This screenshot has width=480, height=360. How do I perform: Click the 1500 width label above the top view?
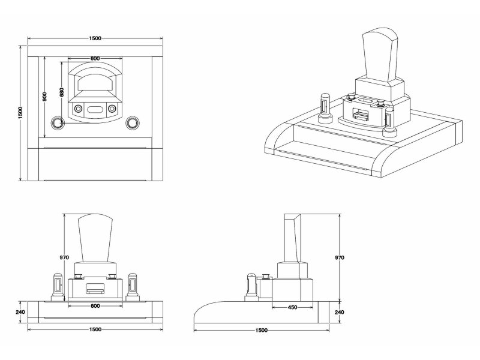(95, 38)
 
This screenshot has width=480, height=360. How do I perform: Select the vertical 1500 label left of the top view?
(20, 112)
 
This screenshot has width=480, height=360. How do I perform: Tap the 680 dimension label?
(61, 92)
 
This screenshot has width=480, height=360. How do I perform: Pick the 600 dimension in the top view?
(95, 58)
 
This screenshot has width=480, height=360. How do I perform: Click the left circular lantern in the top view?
(58, 122)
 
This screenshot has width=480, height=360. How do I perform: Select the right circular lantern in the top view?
(131, 122)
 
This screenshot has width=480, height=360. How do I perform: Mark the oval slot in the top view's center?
(95, 109)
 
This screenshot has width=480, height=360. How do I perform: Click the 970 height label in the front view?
(64, 257)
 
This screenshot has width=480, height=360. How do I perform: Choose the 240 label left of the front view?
(21, 311)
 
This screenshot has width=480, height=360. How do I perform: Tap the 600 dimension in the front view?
(95, 306)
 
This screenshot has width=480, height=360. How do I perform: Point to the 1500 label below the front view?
(95, 329)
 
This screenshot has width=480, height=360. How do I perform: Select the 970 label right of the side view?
(340, 257)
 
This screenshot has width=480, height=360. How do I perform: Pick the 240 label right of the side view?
(340, 311)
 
